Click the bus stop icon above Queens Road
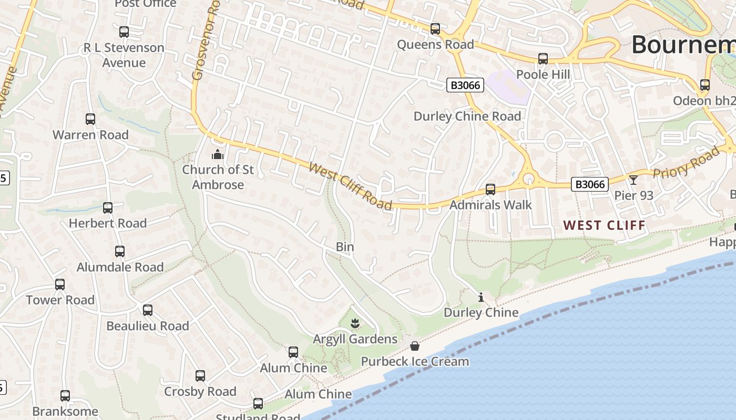point(435,29)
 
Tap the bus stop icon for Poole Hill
point(543,59)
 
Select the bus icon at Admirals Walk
point(490,189)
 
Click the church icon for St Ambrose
point(217,154)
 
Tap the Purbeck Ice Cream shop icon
point(415,346)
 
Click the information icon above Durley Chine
point(481,298)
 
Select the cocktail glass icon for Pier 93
point(633,180)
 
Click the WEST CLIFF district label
point(605,226)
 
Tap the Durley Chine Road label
point(467,116)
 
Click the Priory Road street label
point(686,163)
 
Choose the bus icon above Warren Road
point(90,119)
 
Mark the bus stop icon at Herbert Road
point(108,208)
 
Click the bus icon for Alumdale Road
point(120,251)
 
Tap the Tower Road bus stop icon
point(60,285)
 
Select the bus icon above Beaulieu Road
point(148,310)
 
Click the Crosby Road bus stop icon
point(200,376)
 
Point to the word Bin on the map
point(345,247)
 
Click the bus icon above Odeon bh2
point(705,85)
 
